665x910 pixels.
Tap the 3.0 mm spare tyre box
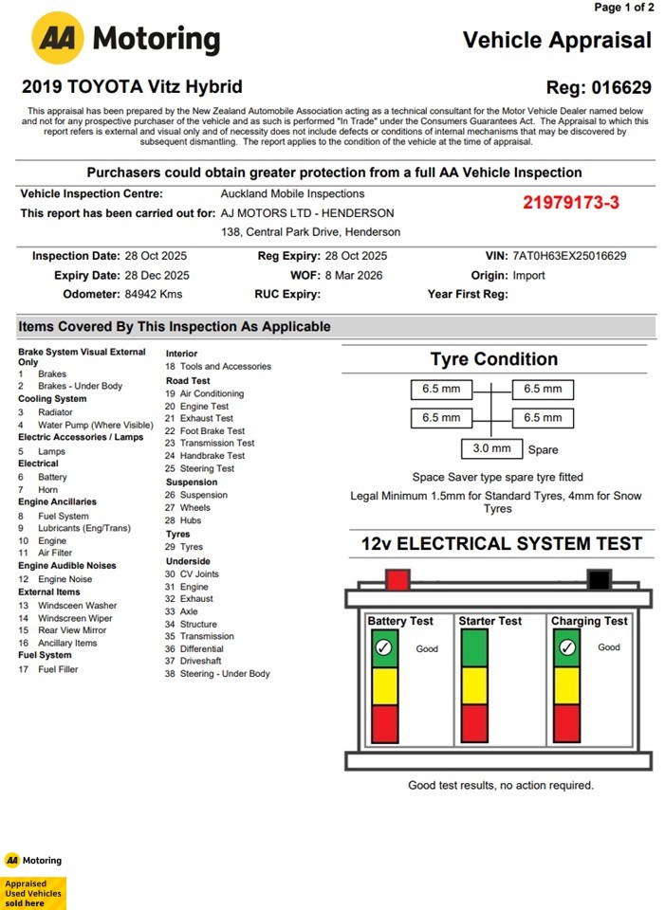(491, 448)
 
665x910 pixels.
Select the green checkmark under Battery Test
(383, 648)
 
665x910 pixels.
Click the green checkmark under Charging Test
(566, 648)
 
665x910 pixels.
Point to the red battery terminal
(397, 579)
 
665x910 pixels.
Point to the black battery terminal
(598, 579)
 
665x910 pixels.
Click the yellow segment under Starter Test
(473, 685)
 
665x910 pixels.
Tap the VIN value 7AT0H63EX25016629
(568, 256)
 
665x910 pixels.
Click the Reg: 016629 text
(599, 88)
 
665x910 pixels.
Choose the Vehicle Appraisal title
(557, 40)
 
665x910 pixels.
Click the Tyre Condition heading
(493, 359)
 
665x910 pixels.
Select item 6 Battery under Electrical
(47, 478)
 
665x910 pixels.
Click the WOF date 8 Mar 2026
(356, 276)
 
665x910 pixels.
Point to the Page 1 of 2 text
(623, 8)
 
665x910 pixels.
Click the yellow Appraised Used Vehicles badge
(33, 893)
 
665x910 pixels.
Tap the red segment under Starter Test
(473, 723)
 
